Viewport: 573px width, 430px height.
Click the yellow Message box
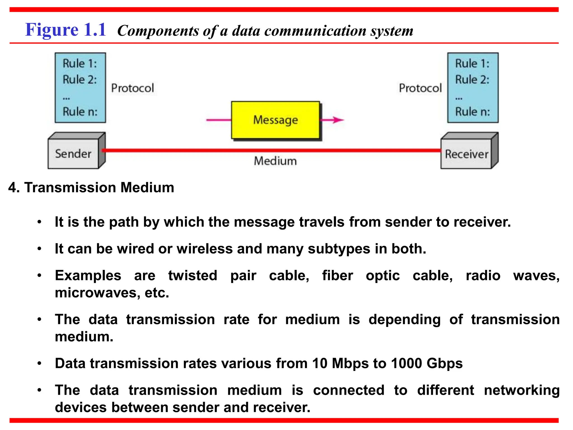(x=275, y=120)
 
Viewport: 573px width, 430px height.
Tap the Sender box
(x=73, y=154)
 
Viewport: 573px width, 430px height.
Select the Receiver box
(x=466, y=154)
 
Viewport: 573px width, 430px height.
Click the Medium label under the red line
(x=275, y=161)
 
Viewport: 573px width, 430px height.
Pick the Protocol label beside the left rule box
(x=133, y=88)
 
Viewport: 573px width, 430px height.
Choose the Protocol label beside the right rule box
(x=420, y=88)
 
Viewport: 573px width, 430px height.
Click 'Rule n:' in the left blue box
(x=80, y=112)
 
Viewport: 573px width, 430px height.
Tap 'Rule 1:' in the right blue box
(x=472, y=64)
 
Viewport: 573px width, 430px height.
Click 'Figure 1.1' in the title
(x=66, y=30)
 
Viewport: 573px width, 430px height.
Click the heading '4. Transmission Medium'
(x=91, y=187)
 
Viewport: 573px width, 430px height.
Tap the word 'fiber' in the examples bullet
(x=337, y=275)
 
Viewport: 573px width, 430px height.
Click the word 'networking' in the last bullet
(x=522, y=390)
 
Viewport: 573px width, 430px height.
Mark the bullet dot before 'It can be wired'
(x=39, y=249)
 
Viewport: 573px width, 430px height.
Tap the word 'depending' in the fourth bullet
(x=404, y=320)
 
